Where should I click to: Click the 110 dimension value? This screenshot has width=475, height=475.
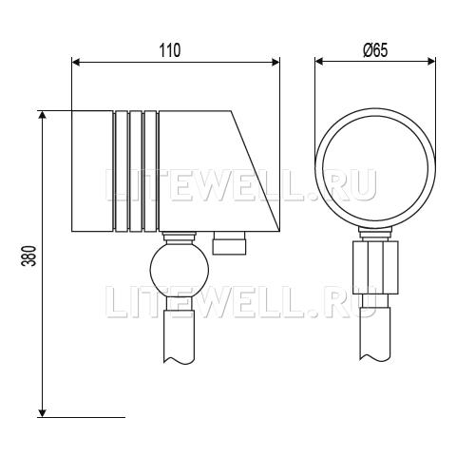click(x=170, y=50)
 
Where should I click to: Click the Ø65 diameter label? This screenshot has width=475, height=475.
click(x=375, y=50)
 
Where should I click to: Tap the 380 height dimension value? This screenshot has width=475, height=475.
click(x=31, y=256)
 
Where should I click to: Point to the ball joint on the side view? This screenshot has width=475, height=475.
click(x=180, y=270)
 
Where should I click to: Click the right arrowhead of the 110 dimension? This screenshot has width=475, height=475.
click(x=275, y=62)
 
